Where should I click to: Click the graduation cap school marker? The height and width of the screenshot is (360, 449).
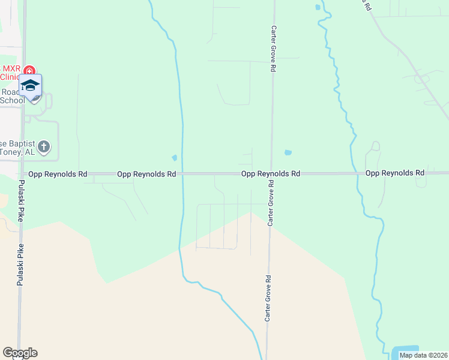coord(30,86)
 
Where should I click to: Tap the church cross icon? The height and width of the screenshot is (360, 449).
coord(43,146)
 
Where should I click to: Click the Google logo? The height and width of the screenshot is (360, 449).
coord(20,353)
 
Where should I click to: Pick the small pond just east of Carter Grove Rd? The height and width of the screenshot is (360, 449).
coord(288,152)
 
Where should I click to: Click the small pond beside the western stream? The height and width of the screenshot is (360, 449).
coord(175,158)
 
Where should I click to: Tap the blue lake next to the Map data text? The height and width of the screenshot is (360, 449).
coord(405,350)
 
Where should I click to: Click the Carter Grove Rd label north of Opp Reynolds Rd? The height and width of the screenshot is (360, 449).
coord(273,50)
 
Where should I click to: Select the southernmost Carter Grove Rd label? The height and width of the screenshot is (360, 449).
coord(269,298)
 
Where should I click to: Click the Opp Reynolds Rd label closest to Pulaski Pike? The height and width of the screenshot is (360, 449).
coord(58,174)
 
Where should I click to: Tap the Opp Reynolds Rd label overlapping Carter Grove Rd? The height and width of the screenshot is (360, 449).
coord(270,173)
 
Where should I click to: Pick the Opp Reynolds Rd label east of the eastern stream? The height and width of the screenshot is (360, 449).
coord(394,173)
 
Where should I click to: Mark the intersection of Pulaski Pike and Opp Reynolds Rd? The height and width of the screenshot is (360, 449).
coord(23,174)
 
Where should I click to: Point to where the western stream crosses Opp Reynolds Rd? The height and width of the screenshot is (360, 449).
coord(182,174)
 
